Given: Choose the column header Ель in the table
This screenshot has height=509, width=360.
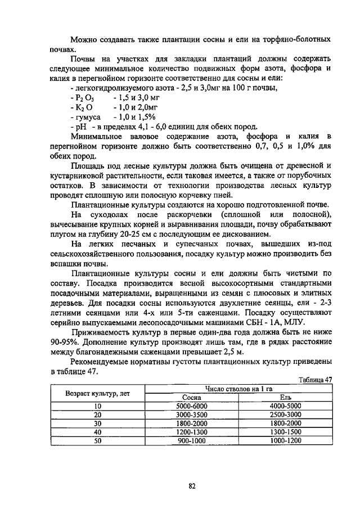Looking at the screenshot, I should point(286,397).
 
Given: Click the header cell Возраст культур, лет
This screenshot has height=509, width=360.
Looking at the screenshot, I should point(97,393).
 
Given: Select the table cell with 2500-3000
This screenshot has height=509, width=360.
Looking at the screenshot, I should point(286,414).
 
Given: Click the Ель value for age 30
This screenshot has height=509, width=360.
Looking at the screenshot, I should point(286,423).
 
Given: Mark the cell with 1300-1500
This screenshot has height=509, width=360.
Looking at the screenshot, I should point(286,432).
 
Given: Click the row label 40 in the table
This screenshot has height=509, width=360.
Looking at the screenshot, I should point(97,432).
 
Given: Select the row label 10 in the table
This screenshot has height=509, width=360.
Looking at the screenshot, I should point(97,406).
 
